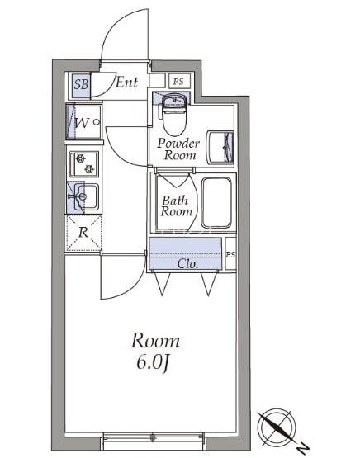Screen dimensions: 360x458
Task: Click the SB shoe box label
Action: pyautogui.click(x=81, y=84)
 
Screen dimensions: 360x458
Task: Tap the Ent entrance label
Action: pyautogui.click(x=126, y=82)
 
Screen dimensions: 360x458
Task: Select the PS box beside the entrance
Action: pyautogui.click(x=180, y=81)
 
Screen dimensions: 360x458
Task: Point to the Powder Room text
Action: pyautogui.click(x=178, y=149)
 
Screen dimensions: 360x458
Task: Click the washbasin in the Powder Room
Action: pyautogui.click(x=220, y=148)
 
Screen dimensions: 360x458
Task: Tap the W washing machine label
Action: pyautogui.click(x=82, y=123)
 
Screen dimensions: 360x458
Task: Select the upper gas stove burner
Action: pyautogui.click(x=81, y=159)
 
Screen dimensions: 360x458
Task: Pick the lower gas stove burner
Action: pyautogui.click(x=89, y=168)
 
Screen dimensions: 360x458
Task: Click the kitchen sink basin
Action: pyautogui.click(x=86, y=197)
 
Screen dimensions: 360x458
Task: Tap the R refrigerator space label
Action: pyautogui.click(x=83, y=233)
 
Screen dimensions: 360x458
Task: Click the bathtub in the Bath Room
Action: pyautogui.click(x=217, y=202)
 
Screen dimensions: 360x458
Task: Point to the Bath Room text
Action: pyautogui.click(x=176, y=206)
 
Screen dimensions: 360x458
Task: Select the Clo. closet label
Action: pyautogui.click(x=187, y=264)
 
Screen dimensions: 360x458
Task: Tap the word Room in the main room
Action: pyautogui.click(x=155, y=341)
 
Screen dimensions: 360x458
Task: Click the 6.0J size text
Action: pyautogui.click(x=153, y=364)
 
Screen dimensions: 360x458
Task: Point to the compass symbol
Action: pyautogui.click(x=277, y=427)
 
